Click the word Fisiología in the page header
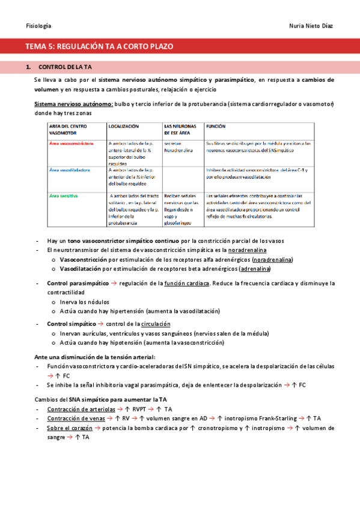[38, 26]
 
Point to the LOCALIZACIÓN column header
[124, 127]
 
